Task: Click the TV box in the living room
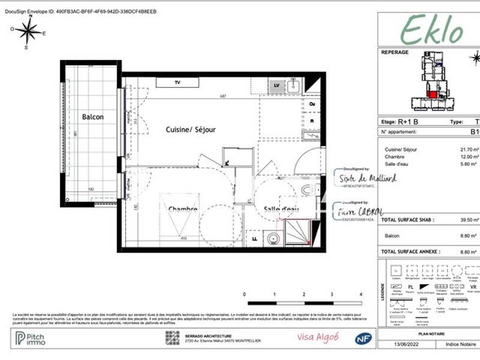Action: [x=177, y=82]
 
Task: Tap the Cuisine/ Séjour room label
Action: [x=190, y=130]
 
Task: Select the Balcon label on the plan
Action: [x=92, y=117]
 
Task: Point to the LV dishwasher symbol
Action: [x=277, y=86]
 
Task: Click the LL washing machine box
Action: [x=255, y=239]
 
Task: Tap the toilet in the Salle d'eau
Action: [x=308, y=190]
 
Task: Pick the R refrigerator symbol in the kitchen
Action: [x=313, y=120]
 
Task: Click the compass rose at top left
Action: [x=28, y=32]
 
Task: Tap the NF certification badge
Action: [x=361, y=339]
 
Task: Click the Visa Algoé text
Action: [x=318, y=338]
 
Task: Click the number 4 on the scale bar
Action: [x=361, y=295]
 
